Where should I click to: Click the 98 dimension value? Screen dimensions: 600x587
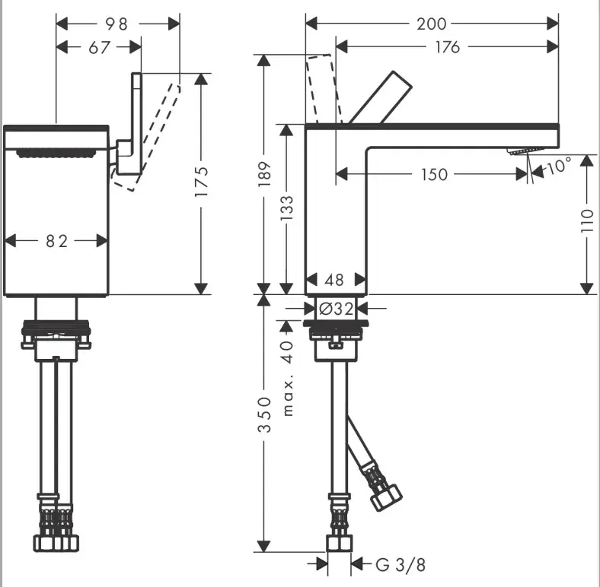click(x=116, y=24)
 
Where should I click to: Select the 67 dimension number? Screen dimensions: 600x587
click(x=100, y=48)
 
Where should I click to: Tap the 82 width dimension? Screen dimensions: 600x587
click(x=56, y=241)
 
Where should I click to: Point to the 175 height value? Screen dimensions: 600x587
click(x=201, y=182)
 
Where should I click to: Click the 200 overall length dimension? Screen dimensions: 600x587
click(x=431, y=24)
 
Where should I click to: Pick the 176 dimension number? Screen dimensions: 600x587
click(x=447, y=47)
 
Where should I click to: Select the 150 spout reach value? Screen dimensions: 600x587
click(x=434, y=175)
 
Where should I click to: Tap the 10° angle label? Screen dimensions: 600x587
click(x=559, y=166)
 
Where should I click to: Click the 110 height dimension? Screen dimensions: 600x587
click(x=586, y=221)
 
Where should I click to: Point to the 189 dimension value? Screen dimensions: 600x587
click(x=264, y=174)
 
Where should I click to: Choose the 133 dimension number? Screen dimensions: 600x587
click(x=286, y=208)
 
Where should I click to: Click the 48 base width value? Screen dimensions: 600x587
click(x=334, y=280)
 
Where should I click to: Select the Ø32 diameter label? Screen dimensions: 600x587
click(x=337, y=309)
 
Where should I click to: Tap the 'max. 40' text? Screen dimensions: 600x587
click(x=287, y=379)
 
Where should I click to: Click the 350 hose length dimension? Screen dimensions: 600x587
click(x=264, y=414)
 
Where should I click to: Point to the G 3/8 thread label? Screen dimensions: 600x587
click(x=401, y=564)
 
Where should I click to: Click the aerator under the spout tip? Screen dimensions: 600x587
click(x=525, y=151)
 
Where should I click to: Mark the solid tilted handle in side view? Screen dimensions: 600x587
click(x=380, y=97)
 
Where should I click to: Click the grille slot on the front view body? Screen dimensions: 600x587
click(x=56, y=154)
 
